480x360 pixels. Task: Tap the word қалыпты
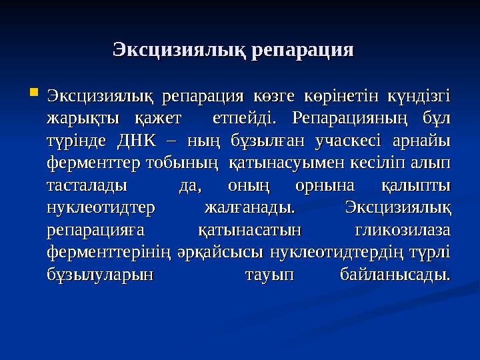(x=416, y=185)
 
